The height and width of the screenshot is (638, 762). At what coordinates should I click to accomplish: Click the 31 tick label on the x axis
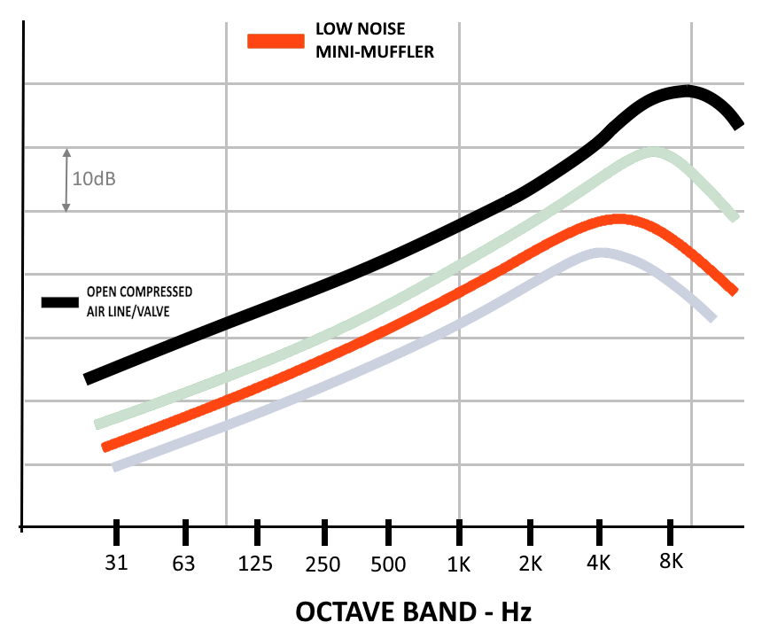[116, 563]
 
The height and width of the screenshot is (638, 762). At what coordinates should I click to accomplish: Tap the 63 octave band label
[183, 563]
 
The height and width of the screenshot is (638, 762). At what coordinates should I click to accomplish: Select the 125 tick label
[256, 563]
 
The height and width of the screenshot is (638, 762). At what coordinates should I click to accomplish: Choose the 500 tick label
[389, 563]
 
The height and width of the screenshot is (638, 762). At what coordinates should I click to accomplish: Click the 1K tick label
[459, 563]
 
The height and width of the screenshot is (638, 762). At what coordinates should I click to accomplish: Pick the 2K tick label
[531, 563]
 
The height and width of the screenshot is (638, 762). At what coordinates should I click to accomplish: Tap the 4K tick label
[600, 563]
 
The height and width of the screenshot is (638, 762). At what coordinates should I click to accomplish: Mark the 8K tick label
[672, 563]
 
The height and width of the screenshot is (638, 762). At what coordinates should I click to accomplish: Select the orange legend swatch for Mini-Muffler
[277, 41]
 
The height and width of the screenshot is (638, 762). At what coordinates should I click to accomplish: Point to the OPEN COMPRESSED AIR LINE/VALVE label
[138, 301]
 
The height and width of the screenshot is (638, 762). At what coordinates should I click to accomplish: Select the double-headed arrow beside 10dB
[66, 179]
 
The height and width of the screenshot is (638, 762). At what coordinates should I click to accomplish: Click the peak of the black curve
[685, 90]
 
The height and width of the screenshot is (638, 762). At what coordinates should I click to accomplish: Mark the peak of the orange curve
[617, 219]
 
